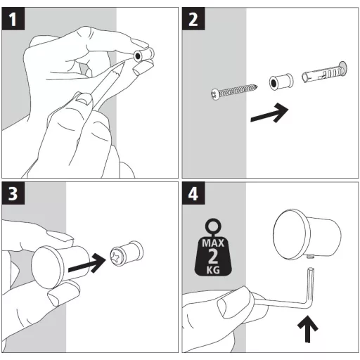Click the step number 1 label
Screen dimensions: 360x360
13,19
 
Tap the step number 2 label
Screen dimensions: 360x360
193,19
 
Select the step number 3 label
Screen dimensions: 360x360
13,193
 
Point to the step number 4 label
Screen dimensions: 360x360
193,193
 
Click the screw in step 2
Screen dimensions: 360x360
234,92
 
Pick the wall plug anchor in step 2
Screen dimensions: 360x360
324,72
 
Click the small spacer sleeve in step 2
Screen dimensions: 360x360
281,82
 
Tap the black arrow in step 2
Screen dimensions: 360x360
269,113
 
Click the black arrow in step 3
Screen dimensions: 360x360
87,263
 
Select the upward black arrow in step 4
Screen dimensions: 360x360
308,329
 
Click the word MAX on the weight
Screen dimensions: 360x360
213,243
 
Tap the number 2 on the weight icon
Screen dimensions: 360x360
213,257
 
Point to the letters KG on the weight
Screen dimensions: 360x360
213,270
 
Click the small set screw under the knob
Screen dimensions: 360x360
310,257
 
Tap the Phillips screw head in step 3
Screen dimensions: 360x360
117,256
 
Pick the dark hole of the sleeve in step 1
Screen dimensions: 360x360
138,56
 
